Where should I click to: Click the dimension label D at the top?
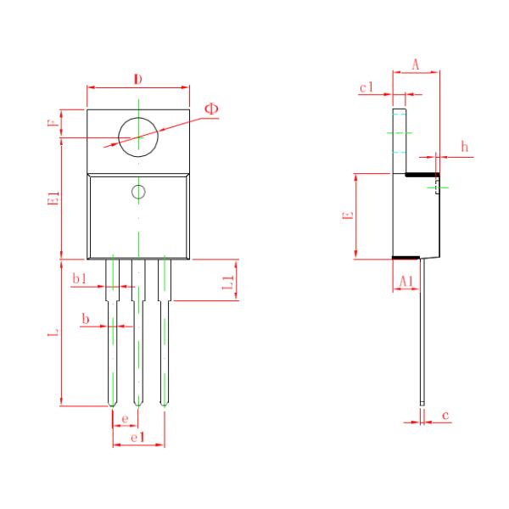coord(137,80)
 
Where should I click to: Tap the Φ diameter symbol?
coord(211,109)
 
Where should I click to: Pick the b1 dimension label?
coord(79,278)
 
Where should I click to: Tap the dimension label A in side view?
coord(416,64)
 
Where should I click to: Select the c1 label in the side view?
coord(366,87)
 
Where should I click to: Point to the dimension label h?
coord(464,147)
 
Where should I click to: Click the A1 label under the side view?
coord(406,279)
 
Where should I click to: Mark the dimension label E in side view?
coord(347,216)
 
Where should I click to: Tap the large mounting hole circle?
coord(138,135)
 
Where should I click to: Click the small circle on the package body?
coord(138,192)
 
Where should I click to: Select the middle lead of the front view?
coord(138,339)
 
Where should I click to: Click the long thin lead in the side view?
coord(422,339)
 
